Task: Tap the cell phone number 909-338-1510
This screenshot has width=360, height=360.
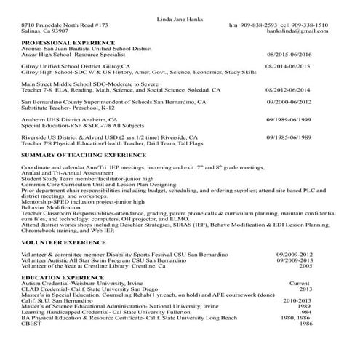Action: pyautogui.click(x=319, y=25)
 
